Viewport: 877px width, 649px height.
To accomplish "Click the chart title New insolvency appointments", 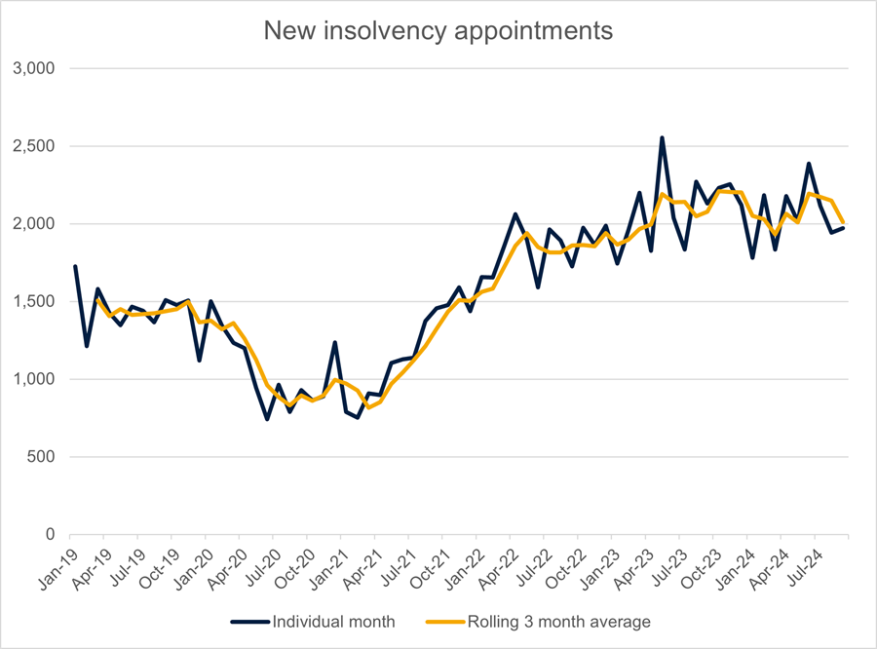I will click(x=438, y=30).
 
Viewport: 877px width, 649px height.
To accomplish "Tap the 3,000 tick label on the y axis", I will click(x=36, y=68).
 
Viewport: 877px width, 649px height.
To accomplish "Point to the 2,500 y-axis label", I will click(x=36, y=146).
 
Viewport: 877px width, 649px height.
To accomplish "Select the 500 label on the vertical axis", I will click(x=44, y=457).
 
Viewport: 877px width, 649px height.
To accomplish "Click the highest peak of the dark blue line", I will click(x=662, y=138).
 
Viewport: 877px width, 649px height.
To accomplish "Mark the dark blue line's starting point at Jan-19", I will click(x=75, y=266).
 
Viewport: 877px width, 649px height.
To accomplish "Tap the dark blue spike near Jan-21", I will click(x=335, y=343).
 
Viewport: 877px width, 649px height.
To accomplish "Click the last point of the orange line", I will click(x=844, y=223).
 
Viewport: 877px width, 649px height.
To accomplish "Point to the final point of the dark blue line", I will click(x=844, y=227).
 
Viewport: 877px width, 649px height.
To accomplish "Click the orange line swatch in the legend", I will click(x=445, y=621).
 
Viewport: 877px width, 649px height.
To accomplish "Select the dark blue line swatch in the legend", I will click(x=248, y=621).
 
